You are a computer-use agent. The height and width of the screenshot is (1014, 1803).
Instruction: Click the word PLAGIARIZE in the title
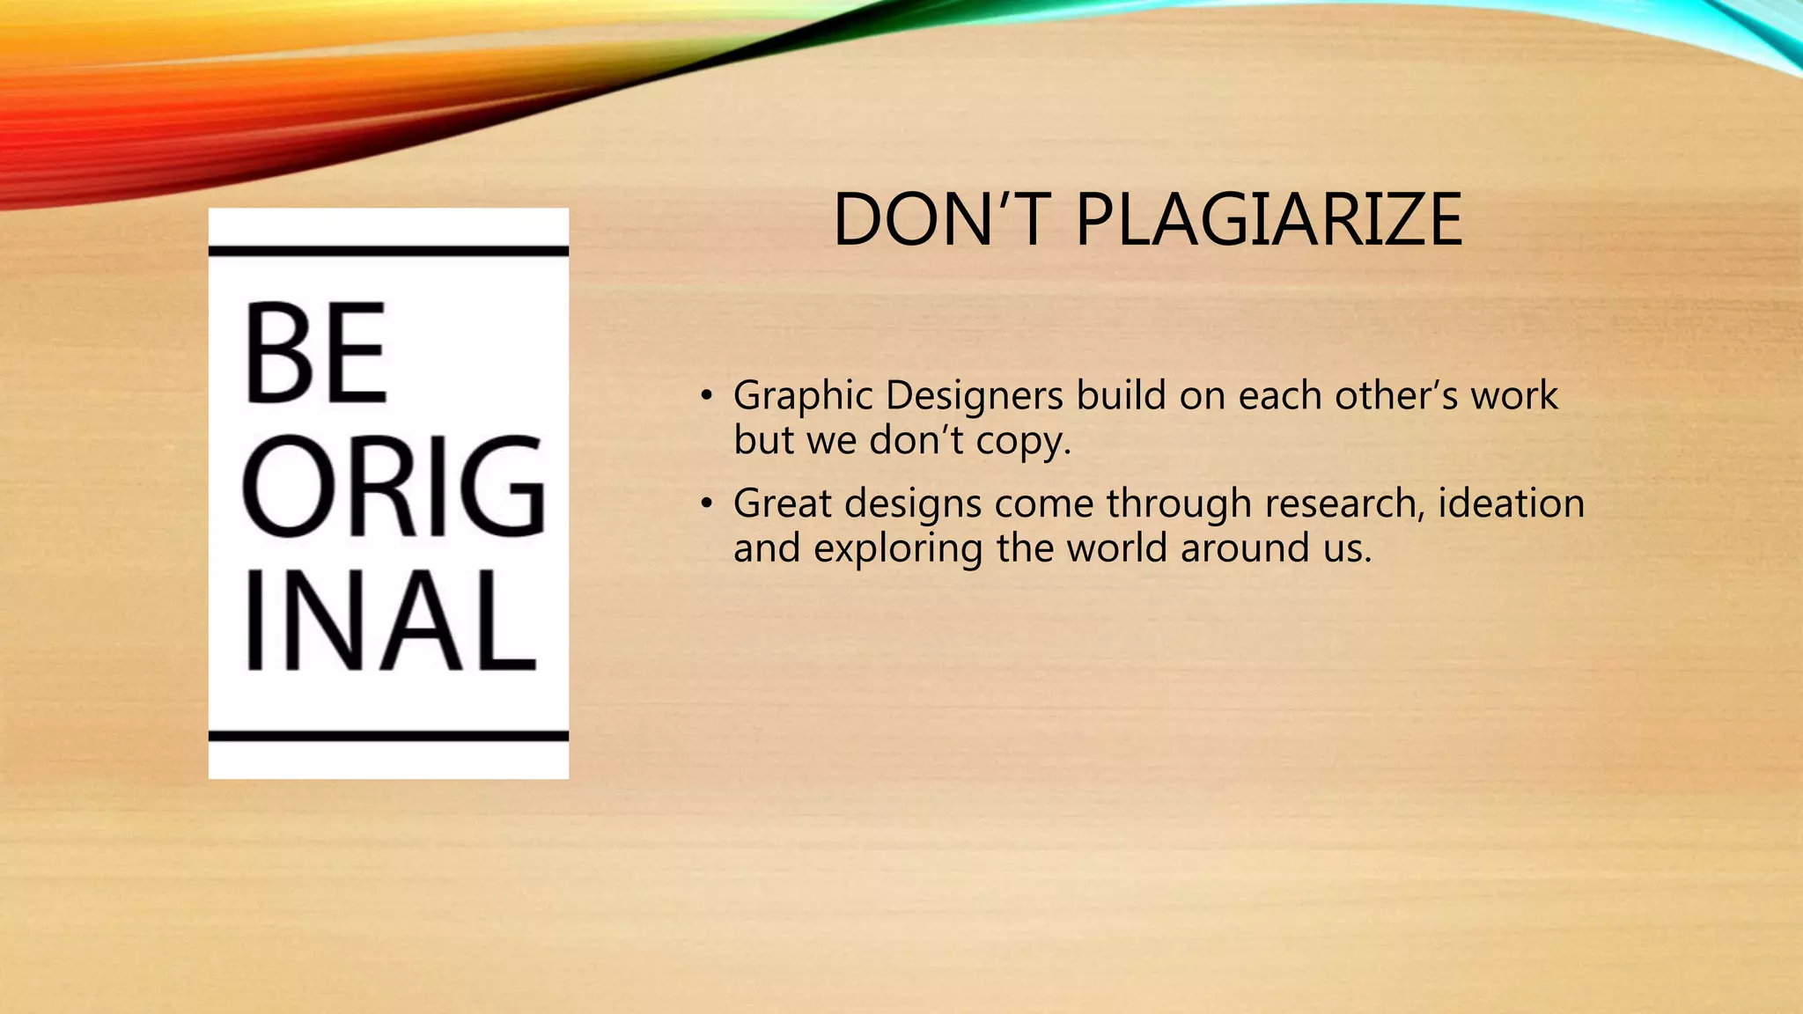point(1269,220)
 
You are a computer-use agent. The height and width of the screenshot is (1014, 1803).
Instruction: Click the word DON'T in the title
point(943,220)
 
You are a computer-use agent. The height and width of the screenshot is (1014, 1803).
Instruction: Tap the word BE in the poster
point(315,353)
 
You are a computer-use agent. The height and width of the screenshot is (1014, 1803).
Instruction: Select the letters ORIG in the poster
point(393,487)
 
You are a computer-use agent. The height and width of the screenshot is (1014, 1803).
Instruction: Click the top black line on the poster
point(388,252)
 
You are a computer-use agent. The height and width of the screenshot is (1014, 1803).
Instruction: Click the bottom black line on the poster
point(388,736)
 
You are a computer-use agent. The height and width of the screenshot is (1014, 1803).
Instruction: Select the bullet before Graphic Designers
point(705,395)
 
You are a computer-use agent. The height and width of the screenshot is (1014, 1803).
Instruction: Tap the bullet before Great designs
point(705,503)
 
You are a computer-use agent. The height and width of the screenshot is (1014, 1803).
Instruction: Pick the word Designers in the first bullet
point(974,396)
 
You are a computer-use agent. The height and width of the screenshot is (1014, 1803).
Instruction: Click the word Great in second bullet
point(782,503)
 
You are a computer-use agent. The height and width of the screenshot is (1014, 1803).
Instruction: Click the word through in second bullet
point(1179,505)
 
